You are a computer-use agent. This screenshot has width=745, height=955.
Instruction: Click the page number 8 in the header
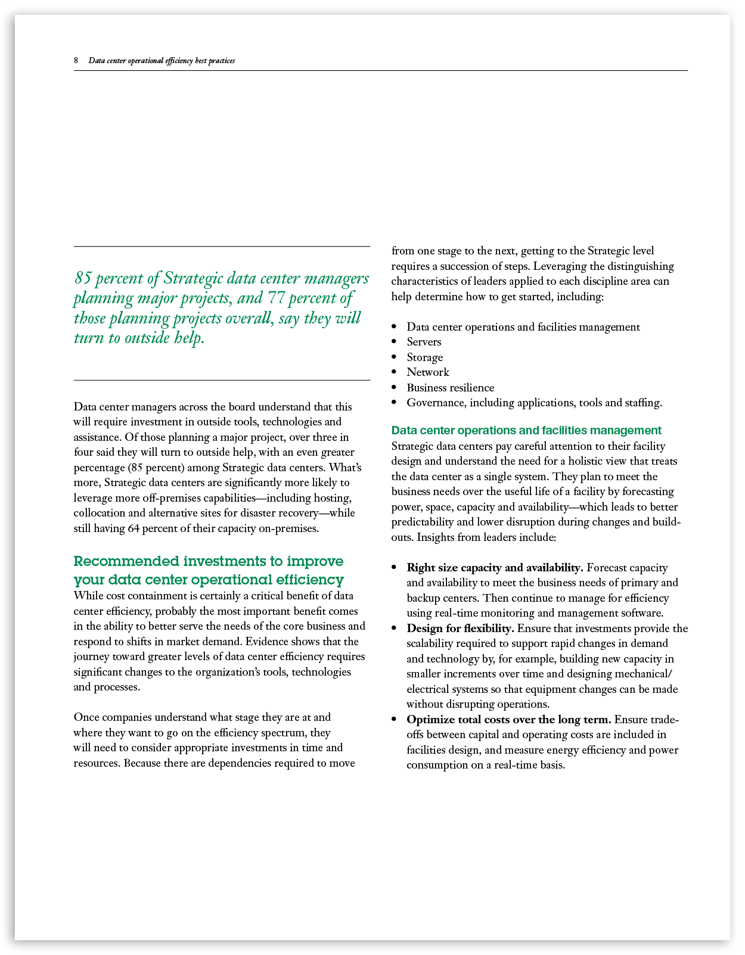point(76,60)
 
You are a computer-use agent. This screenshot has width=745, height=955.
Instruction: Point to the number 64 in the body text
point(134,528)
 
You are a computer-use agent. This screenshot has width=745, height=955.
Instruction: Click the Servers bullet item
point(424,342)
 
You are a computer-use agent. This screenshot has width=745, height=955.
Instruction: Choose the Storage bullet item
point(424,357)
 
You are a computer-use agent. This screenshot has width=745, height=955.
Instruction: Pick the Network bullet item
point(428,372)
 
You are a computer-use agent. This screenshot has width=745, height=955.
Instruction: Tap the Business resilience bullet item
point(450,388)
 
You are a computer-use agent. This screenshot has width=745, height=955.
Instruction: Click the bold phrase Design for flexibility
point(460,629)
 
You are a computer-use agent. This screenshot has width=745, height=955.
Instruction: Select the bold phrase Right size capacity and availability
point(495,568)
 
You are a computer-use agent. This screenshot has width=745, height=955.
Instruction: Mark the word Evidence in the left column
point(266,642)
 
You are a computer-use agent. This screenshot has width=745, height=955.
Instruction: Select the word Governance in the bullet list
point(435,403)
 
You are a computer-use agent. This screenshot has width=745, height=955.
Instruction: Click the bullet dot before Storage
point(394,357)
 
